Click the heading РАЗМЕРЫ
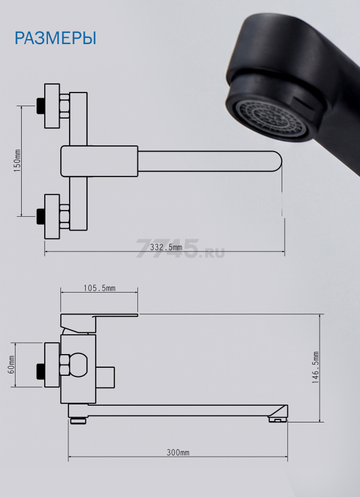(55, 38)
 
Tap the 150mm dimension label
(17, 161)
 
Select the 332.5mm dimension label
(166, 247)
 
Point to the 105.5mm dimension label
(99, 288)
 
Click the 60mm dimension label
(11, 365)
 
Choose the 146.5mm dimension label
(315, 368)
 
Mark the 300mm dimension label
(178, 452)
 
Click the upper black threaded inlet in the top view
(40, 106)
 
